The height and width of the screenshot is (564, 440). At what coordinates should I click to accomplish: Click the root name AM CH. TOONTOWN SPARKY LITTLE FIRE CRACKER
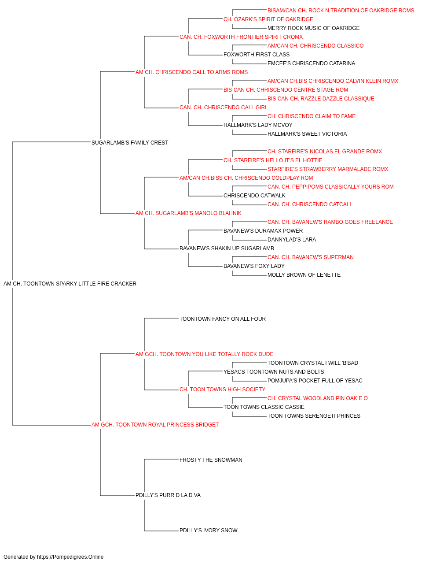[70, 284]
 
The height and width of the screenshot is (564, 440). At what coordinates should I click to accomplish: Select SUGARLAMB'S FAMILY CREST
[130, 143]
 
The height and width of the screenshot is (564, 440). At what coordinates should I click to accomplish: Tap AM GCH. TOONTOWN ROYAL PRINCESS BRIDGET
[155, 425]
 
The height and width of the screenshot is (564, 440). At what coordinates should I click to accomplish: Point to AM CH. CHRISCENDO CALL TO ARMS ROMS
[191, 72]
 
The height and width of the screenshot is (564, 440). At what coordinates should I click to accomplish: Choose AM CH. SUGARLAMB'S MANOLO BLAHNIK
[188, 213]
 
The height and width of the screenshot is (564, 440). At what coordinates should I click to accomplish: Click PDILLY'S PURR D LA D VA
[168, 495]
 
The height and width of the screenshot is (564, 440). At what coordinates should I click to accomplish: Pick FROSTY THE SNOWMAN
[211, 460]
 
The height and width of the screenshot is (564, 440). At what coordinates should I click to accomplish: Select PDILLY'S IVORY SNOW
[208, 531]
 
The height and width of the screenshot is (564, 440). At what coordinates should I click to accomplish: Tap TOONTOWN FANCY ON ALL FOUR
[223, 319]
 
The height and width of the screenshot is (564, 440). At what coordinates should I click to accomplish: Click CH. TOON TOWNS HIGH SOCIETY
[222, 390]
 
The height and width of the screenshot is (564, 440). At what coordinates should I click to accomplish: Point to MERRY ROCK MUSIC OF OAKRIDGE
[313, 28]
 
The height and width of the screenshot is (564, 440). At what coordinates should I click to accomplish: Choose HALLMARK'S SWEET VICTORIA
[307, 134]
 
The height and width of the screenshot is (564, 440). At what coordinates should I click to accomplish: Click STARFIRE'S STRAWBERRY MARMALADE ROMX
[328, 169]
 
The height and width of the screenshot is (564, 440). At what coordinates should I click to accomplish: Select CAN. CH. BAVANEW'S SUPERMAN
[311, 257]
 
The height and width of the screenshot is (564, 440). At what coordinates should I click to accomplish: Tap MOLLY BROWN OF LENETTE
[304, 275]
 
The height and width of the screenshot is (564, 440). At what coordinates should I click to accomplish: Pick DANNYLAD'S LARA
[292, 240]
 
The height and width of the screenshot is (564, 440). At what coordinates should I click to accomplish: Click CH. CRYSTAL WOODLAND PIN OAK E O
[317, 398]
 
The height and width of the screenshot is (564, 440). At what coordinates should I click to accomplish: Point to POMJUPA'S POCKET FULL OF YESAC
[315, 381]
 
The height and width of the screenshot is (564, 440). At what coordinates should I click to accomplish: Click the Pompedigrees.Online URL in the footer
[70, 557]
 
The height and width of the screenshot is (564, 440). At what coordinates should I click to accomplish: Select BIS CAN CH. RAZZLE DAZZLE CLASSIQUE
[321, 99]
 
